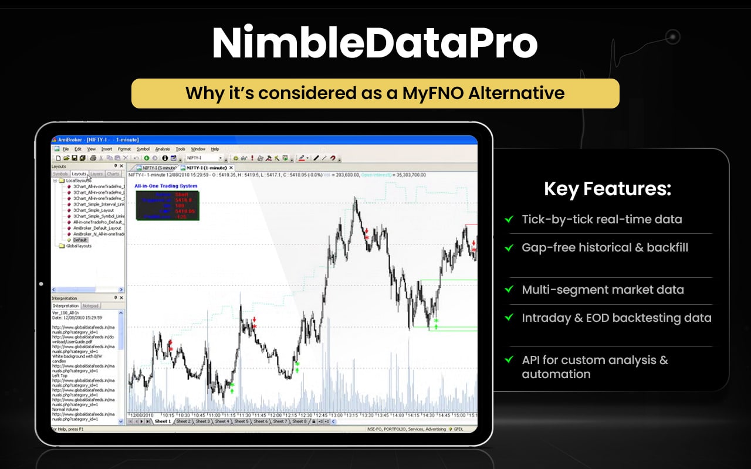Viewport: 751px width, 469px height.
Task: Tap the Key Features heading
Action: [x=607, y=189]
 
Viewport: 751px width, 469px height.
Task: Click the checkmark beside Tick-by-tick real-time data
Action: [x=509, y=220]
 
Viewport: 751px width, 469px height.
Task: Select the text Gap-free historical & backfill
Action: [x=605, y=247]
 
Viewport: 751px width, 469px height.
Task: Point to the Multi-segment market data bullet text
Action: [x=603, y=290]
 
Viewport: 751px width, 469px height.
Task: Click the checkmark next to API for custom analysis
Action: [x=509, y=360]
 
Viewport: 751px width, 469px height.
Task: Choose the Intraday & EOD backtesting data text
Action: [x=616, y=318]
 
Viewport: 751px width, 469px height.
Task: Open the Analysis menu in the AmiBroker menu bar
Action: [x=163, y=149]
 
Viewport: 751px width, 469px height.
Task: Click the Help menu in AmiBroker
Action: [x=215, y=149]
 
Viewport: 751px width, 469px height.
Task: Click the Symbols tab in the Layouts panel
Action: [x=60, y=174]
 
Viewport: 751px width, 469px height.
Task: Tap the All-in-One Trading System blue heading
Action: [x=166, y=186]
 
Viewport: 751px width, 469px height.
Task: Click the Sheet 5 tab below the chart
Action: [x=241, y=422]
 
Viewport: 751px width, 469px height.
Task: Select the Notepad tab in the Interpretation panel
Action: [x=90, y=306]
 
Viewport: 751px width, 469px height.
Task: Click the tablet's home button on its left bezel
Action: [x=41, y=284]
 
